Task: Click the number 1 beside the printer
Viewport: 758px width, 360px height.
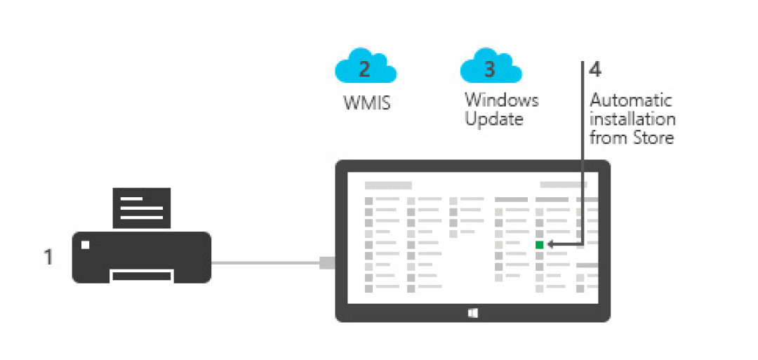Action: pos(48,257)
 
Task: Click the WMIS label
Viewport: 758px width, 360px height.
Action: pos(366,103)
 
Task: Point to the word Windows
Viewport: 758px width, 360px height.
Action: pos(501,100)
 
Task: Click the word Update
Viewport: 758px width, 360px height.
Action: pos(493,119)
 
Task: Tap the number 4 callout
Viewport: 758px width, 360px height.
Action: pos(595,70)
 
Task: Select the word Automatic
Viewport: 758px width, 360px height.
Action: pos(631,101)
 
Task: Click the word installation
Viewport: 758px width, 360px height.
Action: pos(632,119)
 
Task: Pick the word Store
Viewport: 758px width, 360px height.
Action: pos(653,138)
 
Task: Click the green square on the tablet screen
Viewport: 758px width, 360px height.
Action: pos(540,245)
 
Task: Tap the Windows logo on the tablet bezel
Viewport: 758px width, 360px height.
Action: pos(473,313)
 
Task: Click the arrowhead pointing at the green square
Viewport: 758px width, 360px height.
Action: pos(551,245)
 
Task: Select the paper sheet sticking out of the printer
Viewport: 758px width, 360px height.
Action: pos(142,208)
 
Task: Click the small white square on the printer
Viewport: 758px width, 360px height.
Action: pos(86,245)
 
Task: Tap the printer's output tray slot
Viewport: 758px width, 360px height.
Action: pos(141,276)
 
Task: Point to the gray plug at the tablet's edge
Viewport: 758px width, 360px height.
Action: pos(327,263)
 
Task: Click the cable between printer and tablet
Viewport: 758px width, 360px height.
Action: pos(265,263)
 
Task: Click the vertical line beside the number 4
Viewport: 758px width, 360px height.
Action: pos(583,153)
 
